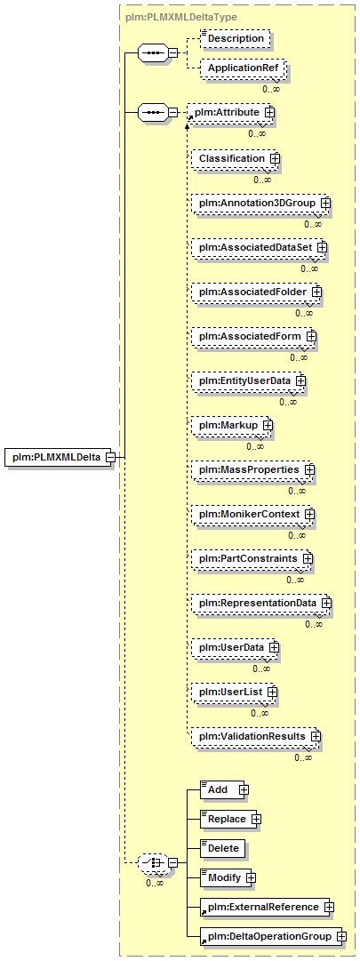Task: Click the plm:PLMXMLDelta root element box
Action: point(58,457)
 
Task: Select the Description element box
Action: point(235,38)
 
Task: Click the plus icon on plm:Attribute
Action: point(269,113)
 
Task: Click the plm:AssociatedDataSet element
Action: point(258,247)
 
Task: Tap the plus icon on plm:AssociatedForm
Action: point(311,336)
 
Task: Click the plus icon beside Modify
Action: point(252,878)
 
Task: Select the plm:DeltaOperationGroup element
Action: point(271,937)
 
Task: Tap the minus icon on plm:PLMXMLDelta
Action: point(110,457)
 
